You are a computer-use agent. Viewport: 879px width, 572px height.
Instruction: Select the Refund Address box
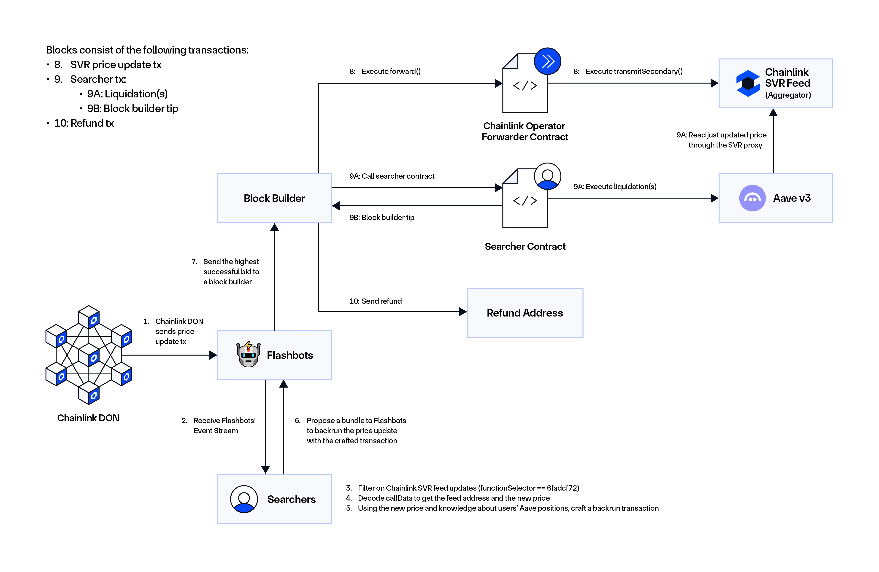(525, 313)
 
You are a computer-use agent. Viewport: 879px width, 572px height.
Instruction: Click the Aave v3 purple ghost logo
(752, 198)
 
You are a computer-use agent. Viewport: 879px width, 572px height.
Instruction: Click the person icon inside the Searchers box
(244, 499)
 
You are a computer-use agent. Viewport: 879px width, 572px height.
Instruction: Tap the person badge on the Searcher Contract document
(547, 176)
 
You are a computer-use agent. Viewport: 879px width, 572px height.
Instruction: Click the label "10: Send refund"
(375, 301)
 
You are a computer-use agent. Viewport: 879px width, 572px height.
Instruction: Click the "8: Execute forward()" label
(385, 71)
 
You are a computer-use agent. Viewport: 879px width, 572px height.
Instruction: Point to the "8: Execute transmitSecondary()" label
(628, 71)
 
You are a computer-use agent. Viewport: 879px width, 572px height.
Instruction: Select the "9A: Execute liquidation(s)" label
(615, 187)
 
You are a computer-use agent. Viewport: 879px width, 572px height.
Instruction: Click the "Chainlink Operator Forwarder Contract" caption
(525, 131)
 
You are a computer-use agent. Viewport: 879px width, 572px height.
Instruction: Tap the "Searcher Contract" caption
(525, 247)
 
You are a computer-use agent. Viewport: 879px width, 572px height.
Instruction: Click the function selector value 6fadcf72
(563, 488)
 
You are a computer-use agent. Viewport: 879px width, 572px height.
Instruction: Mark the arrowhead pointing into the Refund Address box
(462, 312)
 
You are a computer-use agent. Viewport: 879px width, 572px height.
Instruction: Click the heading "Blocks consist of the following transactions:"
(147, 50)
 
